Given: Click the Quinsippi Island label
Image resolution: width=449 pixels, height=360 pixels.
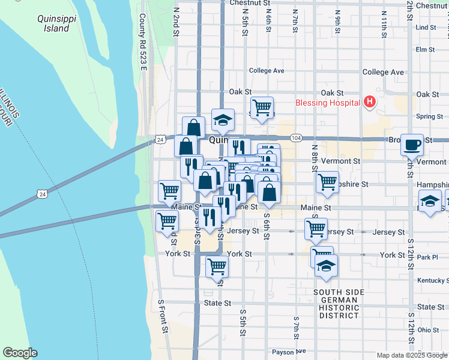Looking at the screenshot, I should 50,23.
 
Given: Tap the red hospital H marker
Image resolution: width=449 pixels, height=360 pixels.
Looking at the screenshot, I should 369,102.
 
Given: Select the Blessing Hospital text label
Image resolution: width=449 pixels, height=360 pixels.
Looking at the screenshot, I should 328,102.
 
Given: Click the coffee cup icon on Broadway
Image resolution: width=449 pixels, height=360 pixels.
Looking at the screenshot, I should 412,144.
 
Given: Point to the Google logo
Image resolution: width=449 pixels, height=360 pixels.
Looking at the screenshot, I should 20,353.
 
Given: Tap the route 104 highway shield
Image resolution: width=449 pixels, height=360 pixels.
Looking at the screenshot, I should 295,138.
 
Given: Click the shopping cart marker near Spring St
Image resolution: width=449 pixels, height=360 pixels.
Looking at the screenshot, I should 262,108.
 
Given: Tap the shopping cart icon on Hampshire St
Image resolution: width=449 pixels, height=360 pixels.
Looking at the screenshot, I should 327,181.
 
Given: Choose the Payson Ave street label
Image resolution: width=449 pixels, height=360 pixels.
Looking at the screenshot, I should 289,352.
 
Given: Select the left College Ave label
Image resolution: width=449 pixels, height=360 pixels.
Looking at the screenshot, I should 266,70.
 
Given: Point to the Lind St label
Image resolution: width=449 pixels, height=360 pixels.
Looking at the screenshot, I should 425,28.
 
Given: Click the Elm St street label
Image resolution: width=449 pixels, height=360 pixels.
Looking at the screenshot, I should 424,49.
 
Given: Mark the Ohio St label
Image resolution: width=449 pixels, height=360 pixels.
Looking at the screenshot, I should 429,330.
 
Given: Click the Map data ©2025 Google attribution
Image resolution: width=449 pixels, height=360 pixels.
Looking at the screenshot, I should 412,355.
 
